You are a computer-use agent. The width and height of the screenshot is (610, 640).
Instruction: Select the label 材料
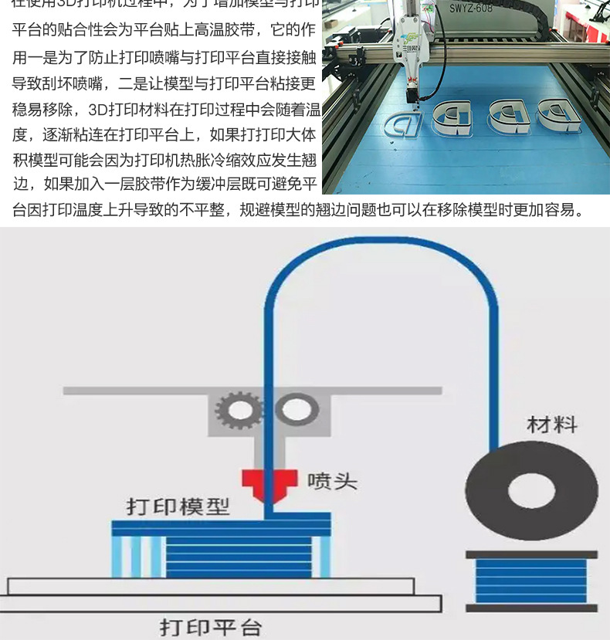click(x=552, y=424)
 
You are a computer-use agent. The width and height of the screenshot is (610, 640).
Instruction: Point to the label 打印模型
click(x=178, y=507)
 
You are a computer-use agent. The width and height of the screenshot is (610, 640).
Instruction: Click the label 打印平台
click(x=211, y=626)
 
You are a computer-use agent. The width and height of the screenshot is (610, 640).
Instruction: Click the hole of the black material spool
click(x=532, y=490)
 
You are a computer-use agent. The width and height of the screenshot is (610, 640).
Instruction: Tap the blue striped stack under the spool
click(x=532, y=581)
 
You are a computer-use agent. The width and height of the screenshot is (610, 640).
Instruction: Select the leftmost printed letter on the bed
click(x=401, y=123)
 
